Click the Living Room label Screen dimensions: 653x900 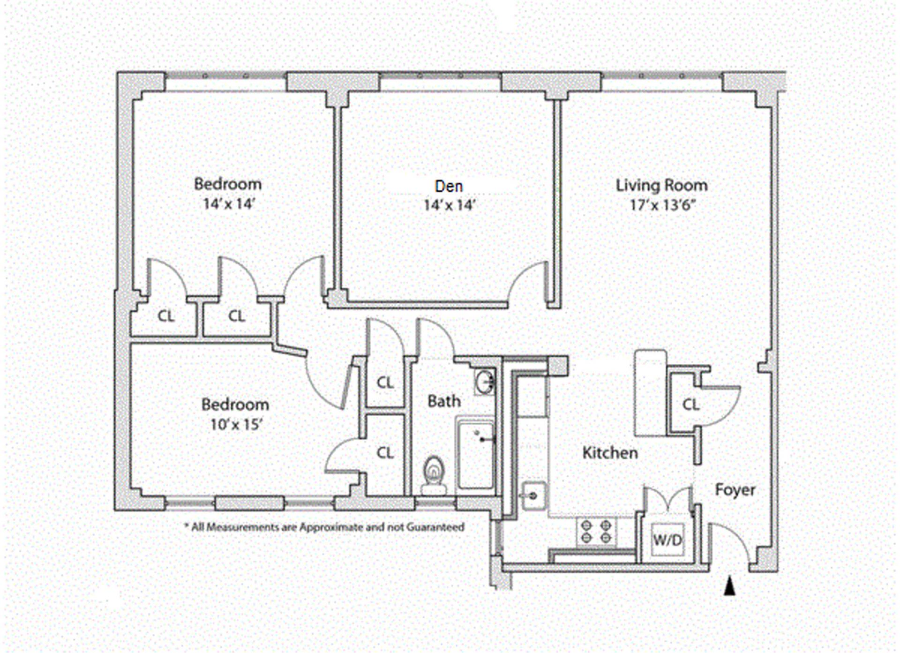[x=661, y=185]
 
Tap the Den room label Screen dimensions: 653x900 [x=449, y=186]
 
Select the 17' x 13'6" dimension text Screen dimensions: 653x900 [x=662, y=205]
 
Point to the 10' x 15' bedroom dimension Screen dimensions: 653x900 [x=236, y=425]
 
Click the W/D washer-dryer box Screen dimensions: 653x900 [x=667, y=540]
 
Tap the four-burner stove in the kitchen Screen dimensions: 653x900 [x=596, y=532]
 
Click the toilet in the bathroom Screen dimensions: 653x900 [x=434, y=473]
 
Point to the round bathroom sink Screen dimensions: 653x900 [x=485, y=382]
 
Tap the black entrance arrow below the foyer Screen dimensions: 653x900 [x=729, y=586]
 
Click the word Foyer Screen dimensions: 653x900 [x=735, y=490]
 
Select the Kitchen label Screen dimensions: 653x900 [x=610, y=453]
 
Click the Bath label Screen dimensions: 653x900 [x=444, y=401]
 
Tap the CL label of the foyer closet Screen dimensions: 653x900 [x=690, y=405]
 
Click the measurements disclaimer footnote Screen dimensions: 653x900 [x=324, y=527]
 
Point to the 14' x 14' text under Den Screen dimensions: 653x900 [x=449, y=205]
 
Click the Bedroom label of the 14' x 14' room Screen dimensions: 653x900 [x=228, y=184]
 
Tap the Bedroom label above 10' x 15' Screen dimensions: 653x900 [x=235, y=405]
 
